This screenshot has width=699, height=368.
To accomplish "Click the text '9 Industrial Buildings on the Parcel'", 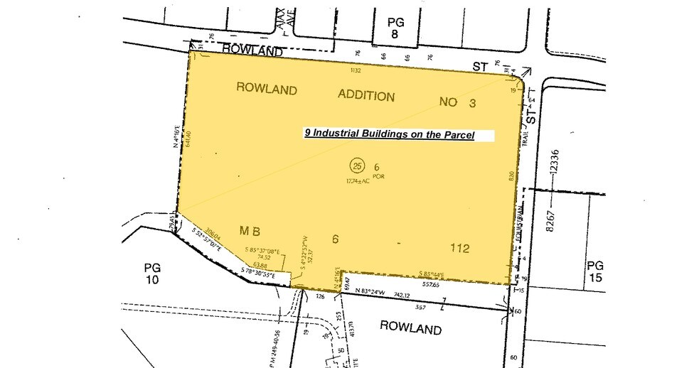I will (x=390, y=134).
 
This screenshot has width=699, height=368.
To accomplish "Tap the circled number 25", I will (x=357, y=166).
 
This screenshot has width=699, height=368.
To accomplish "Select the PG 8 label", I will (x=396, y=28).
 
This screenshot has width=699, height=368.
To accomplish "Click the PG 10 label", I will (x=152, y=275).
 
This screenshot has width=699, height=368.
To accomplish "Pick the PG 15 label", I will (x=595, y=271).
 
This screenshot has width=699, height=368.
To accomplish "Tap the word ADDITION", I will (x=366, y=96).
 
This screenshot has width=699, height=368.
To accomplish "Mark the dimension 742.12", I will (x=402, y=293).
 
